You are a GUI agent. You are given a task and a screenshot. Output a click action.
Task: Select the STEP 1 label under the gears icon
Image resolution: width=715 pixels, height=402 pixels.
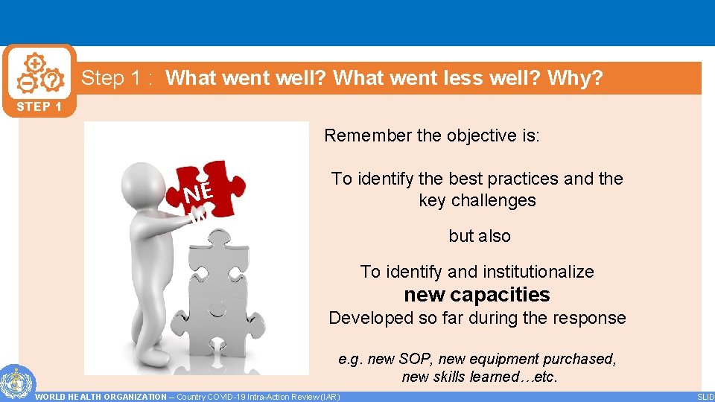point(39,106)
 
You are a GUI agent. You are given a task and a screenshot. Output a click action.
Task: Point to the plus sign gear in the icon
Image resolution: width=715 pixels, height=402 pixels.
point(35,64)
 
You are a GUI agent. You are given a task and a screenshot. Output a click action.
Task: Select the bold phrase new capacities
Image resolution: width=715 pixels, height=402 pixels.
point(477,295)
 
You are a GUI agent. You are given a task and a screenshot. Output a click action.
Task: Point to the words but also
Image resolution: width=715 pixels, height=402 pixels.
point(480,236)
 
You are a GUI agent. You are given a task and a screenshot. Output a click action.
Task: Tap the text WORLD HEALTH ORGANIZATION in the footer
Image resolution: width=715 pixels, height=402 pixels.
point(101,397)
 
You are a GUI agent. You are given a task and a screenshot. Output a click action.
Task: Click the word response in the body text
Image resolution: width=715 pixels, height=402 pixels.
point(588,318)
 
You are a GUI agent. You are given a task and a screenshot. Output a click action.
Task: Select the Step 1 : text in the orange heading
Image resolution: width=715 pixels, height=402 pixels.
point(118,78)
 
